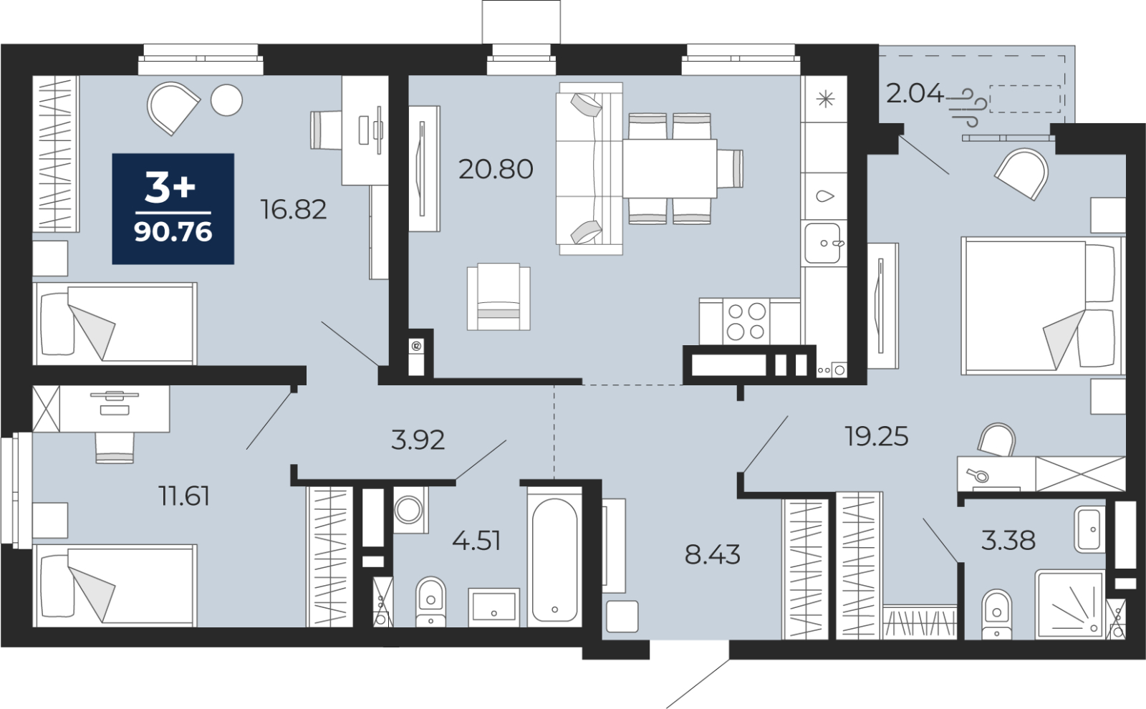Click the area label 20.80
(496, 169)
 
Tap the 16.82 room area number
(294, 209)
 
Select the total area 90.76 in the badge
(173, 233)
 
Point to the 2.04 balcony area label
(915, 94)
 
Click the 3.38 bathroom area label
(1008, 540)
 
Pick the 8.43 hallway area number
(712, 554)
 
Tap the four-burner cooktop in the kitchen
(746, 322)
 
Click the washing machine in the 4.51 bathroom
(411, 510)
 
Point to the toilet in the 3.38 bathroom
(997, 614)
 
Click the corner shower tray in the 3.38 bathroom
(1069, 605)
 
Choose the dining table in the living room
(669, 168)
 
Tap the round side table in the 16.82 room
(226, 100)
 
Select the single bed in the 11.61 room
(115, 585)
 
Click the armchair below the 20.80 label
(499, 296)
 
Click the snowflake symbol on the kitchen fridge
(825, 99)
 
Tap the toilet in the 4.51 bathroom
(430, 602)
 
